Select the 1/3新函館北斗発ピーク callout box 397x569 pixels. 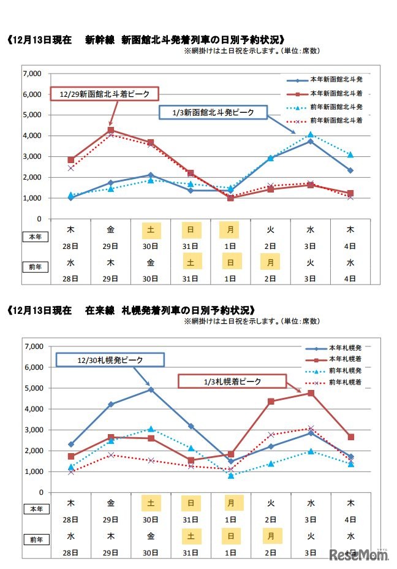pyautogui.click(x=213, y=112)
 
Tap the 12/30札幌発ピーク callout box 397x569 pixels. pyautogui.click(x=111, y=359)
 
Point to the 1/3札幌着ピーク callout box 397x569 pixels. pyautogui.click(x=232, y=381)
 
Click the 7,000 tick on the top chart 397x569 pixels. pyautogui.click(x=31, y=74)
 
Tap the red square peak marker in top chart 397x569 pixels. pyautogui.click(x=111, y=130)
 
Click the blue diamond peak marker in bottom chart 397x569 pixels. pyautogui.click(x=151, y=389)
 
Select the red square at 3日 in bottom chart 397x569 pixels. pyautogui.click(x=311, y=393)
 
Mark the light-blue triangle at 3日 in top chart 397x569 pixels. pyautogui.click(x=311, y=134)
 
